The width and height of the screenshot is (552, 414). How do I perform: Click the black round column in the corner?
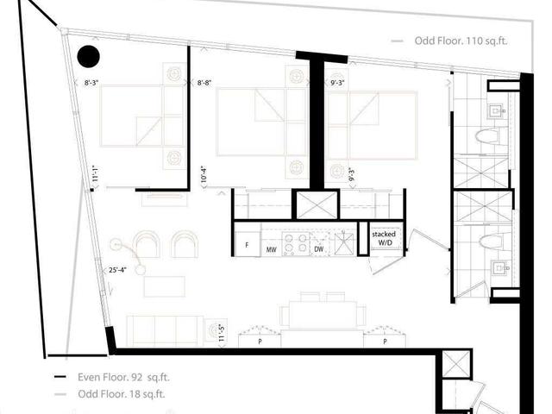coord(89,57)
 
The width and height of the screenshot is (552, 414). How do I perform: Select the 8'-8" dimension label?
coord(204,83)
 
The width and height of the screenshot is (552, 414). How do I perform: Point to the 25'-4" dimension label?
coord(119,270)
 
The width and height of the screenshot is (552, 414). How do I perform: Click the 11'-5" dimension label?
coord(222,331)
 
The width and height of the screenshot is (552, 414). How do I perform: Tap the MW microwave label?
coord(271,250)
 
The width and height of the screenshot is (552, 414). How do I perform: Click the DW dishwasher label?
coord(319,250)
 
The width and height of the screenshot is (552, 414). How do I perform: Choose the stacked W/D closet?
coord(383,239)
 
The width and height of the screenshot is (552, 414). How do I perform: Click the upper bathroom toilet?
coord(487,136)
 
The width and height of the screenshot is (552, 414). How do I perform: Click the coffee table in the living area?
coord(164,285)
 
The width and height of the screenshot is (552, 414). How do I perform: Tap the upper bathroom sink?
coord(499,111)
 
